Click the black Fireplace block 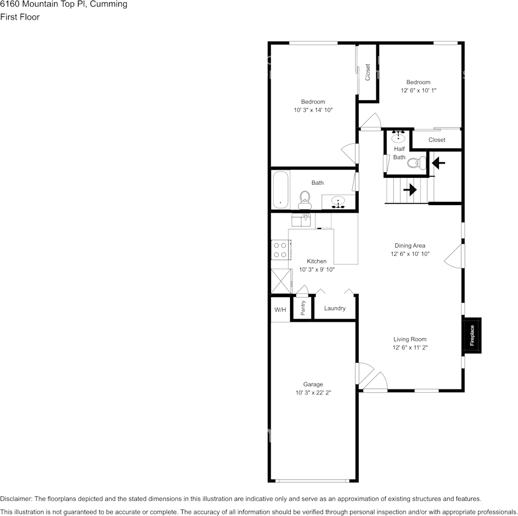(x=472, y=335)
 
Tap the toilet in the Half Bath (x=417, y=163)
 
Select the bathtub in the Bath (x=280, y=190)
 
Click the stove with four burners (x=280, y=250)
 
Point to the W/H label (x=280, y=309)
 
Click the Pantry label (x=303, y=308)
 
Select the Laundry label (x=335, y=308)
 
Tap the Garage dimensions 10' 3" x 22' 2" (x=313, y=393)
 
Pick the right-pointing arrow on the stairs (x=409, y=190)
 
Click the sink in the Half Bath (x=399, y=137)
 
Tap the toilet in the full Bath (x=305, y=200)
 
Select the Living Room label (x=409, y=339)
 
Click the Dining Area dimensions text (x=410, y=254)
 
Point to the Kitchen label (x=316, y=261)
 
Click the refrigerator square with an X (x=281, y=281)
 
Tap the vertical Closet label (x=368, y=72)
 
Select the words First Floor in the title (x=20, y=17)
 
